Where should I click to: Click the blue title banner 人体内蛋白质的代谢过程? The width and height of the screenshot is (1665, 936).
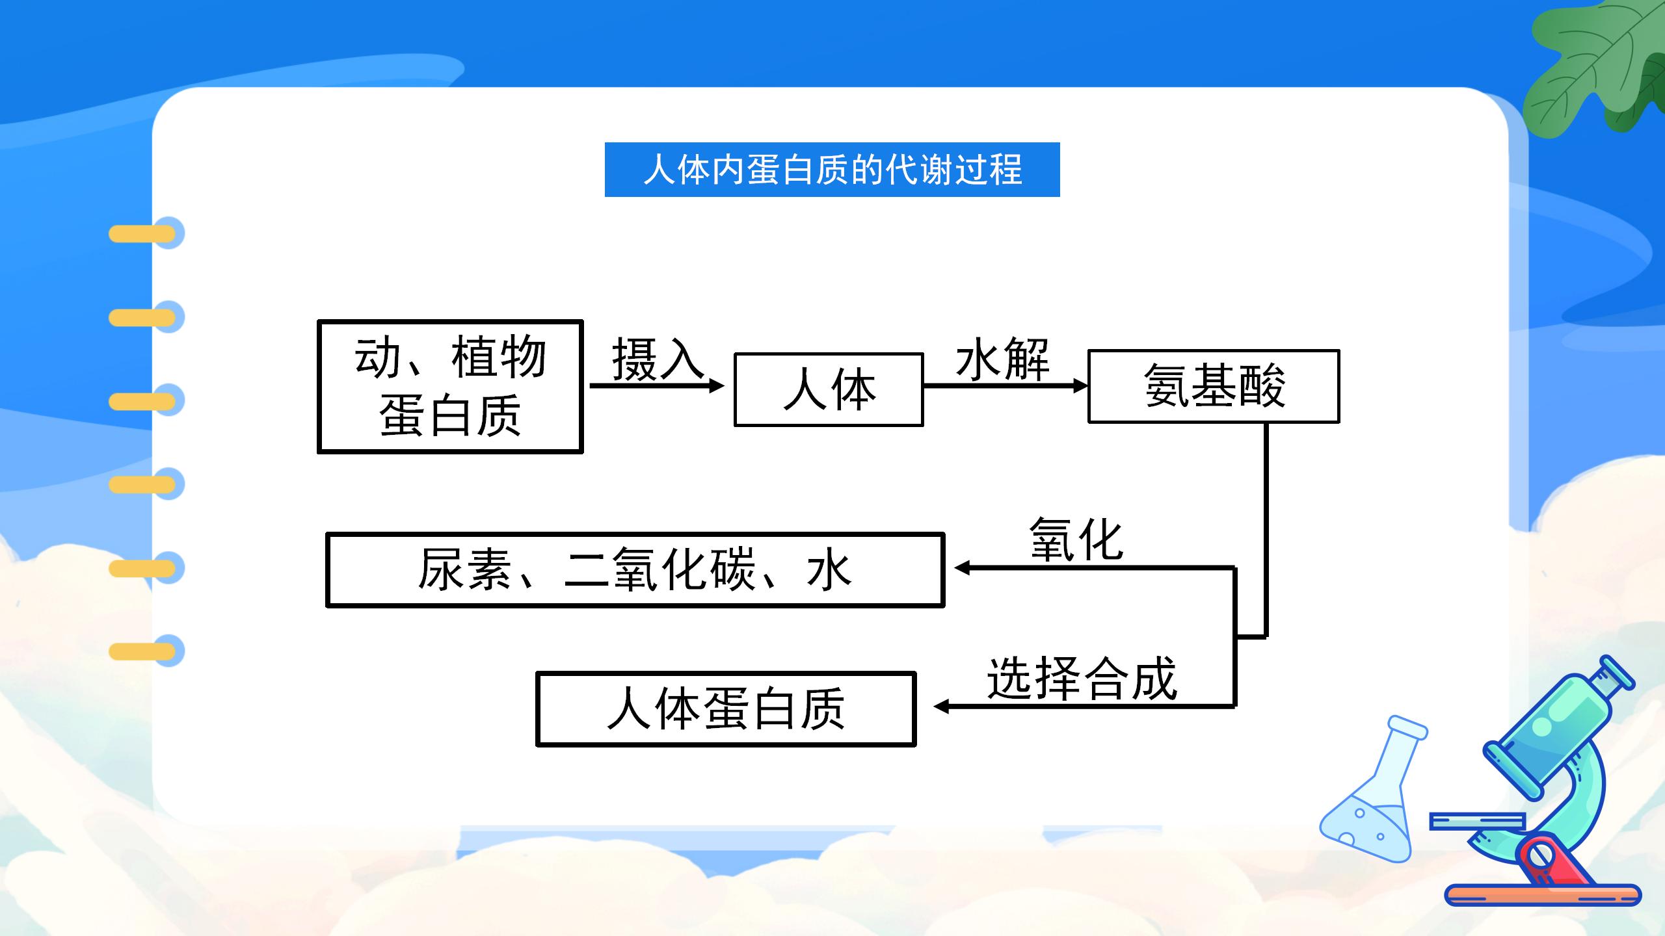click(x=832, y=170)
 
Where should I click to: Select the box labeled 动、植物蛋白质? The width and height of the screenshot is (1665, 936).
click(x=450, y=387)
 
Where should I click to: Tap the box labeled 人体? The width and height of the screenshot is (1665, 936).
click(x=829, y=389)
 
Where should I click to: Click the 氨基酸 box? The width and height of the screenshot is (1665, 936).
click(x=1214, y=386)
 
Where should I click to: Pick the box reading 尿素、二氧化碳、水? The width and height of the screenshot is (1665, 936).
click(x=635, y=570)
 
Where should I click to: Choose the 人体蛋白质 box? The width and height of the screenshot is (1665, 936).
click(x=726, y=709)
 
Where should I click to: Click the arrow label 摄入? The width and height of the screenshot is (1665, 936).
click(x=657, y=358)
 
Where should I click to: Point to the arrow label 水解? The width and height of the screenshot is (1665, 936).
click(x=1002, y=359)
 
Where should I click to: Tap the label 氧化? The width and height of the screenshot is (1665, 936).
click(x=1076, y=539)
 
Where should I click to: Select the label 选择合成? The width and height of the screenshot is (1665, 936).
click(x=1082, y=679)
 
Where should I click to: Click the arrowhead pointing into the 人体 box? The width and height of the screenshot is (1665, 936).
click(x=717, y=385)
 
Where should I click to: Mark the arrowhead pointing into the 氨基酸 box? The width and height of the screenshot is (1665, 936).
click(x=1080, y=385)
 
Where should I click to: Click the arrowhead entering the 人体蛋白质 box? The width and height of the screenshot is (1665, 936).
click(x=941, y=706)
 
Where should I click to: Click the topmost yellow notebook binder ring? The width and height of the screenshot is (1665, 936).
click(x=144, y=233)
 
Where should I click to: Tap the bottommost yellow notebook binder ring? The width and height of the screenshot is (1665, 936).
click(x=144, y=651)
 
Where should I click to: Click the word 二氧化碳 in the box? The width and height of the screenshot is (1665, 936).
click(x=659, y=570)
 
